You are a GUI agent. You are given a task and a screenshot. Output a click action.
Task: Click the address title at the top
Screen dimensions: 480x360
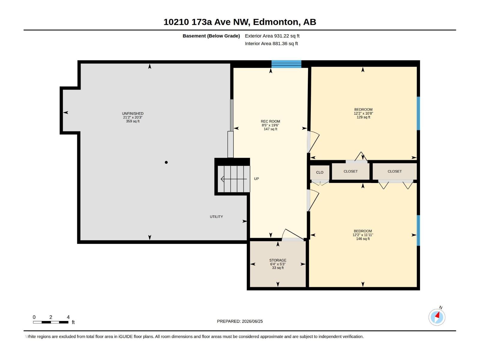[x=240, y=22]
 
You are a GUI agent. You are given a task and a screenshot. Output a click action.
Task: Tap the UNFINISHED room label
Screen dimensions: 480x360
[x=133, y=114]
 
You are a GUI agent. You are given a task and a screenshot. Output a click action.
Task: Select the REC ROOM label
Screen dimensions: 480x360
[x=270, y=121]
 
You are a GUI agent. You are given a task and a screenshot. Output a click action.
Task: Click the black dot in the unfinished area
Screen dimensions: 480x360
[x=166, y=162]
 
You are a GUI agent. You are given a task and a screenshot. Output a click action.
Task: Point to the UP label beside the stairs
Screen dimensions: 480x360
[x=256, y=179]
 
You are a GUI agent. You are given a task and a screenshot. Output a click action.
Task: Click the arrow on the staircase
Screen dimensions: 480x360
[x=234, y=179]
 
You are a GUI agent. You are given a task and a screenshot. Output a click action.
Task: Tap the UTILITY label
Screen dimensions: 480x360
[x=216, y=217]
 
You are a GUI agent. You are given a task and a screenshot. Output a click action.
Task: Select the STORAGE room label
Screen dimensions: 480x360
[x=278, y=260]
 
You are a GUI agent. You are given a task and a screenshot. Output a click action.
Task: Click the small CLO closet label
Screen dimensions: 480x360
[x=319, y=172]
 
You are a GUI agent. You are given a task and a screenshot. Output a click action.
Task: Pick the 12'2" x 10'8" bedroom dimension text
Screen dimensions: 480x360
[x=363, y=113]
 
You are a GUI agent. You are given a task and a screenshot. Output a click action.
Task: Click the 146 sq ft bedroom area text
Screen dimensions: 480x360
[x=363, y=239]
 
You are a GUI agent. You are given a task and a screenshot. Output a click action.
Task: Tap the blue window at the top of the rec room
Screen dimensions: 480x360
[x=286, y=64]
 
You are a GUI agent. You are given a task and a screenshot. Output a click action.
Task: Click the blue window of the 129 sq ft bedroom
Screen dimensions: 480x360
[x=418, y=113]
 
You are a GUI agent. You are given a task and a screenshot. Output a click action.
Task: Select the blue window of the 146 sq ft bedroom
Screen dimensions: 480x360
[x=418, y=230]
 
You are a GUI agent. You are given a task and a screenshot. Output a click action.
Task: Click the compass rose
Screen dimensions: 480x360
[x=437, y=317]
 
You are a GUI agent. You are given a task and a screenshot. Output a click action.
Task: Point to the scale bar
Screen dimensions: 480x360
[x=51, y=322]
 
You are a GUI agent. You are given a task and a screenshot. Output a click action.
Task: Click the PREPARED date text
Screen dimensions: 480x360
[x=240, y=321]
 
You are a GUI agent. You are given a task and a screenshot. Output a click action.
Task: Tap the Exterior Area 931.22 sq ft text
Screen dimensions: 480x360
[x=272, y=36]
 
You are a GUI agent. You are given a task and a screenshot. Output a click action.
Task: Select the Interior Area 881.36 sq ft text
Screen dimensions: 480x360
[x=271, y=43]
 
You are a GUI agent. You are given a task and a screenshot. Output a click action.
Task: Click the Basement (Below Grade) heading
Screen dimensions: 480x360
[x=211, y=36]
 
